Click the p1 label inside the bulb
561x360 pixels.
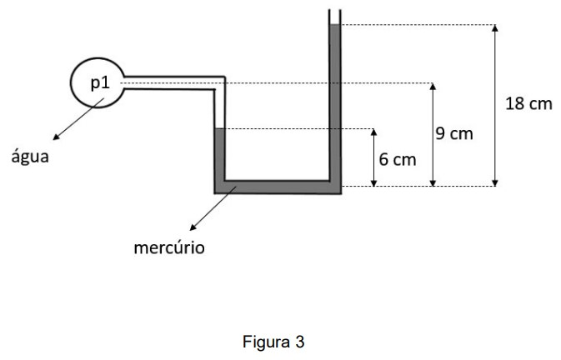tap(100, 81)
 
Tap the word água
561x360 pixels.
tap(29, 157)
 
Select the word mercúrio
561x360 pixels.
tap(170, 247)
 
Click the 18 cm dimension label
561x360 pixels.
tap(528, 103)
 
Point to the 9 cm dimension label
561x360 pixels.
tap(454, 133)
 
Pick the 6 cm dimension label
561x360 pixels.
tap(397, 158)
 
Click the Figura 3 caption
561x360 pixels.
tap(279, 341)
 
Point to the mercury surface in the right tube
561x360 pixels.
tap(335, 26)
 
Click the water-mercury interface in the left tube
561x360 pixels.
tap(220, 129)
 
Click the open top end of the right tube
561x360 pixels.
tap(335, 12)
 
